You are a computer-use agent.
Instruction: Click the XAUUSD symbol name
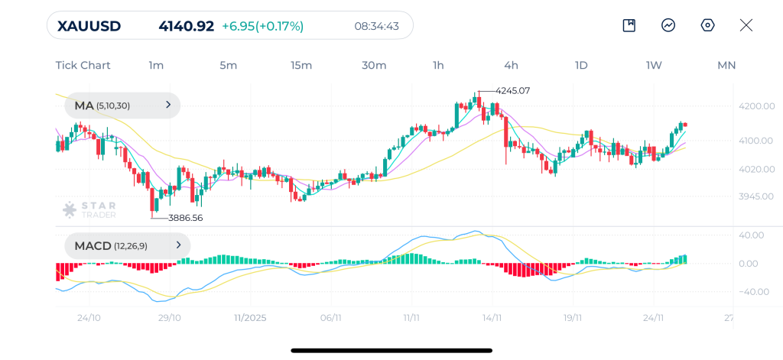click(x=89, y=26)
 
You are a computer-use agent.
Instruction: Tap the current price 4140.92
click(x=186, y=26)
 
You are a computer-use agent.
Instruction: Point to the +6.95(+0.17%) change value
click(x=262, y=26)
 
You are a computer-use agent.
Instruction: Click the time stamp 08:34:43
click(x=376, y=26)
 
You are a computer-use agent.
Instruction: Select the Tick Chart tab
click(x=83, y=65)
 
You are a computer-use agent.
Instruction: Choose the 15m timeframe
click(x=301, y=65)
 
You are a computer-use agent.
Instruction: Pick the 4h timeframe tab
click(x=511, y=65)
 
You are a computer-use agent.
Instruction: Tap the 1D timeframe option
click(x=581, y=65)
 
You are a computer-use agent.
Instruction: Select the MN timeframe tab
click(x=726, y=65)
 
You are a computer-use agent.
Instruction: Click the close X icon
click(x=746, y=25)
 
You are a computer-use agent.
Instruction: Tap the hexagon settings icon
click(x=707, y=25)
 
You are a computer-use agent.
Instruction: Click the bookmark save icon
click(x=629, y=25)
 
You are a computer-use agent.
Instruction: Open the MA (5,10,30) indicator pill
click(x=122, y=105)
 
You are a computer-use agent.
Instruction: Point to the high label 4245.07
click(x=512, y=90)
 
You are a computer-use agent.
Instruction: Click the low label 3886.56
click(x=185, y=218)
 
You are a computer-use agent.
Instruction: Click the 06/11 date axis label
click(x=330, y=317)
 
